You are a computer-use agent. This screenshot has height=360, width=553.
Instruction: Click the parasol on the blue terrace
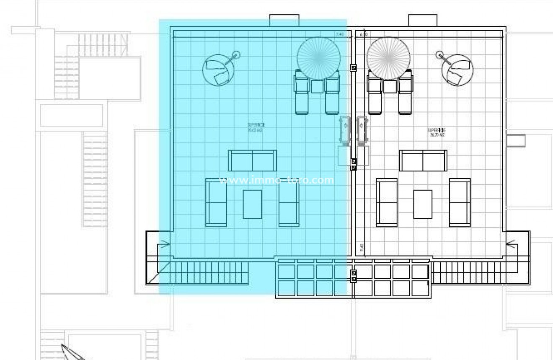click(x=318, y=58)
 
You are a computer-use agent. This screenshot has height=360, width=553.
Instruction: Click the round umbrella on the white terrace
click(x=389, y=58)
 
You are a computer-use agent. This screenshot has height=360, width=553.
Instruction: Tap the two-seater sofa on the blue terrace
click(x=252, y=161)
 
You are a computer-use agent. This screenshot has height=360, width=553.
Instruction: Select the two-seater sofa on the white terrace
click(x=423, y=161)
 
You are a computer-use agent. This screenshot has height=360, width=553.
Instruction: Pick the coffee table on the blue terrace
click(x=252, y=204)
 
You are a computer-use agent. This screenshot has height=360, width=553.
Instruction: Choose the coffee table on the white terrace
click(x=423, y=204)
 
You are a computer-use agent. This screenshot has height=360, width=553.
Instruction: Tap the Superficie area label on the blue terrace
click(x=256, y=127)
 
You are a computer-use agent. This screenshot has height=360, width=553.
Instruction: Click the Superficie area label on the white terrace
click(x=436, y=132)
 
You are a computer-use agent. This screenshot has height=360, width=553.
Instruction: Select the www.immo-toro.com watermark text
click(x=276, y=181)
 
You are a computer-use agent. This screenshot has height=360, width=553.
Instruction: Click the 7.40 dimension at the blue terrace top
click(x=339, y=34)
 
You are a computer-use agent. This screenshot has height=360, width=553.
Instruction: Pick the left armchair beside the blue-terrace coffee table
click(x=216, y=203)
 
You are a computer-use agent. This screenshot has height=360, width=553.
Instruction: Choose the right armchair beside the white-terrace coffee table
click(x=460, y=203)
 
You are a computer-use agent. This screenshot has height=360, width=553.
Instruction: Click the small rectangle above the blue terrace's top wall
click(x=284, y=20)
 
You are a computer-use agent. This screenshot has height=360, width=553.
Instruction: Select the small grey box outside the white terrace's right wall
click(x=515, y=141)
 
